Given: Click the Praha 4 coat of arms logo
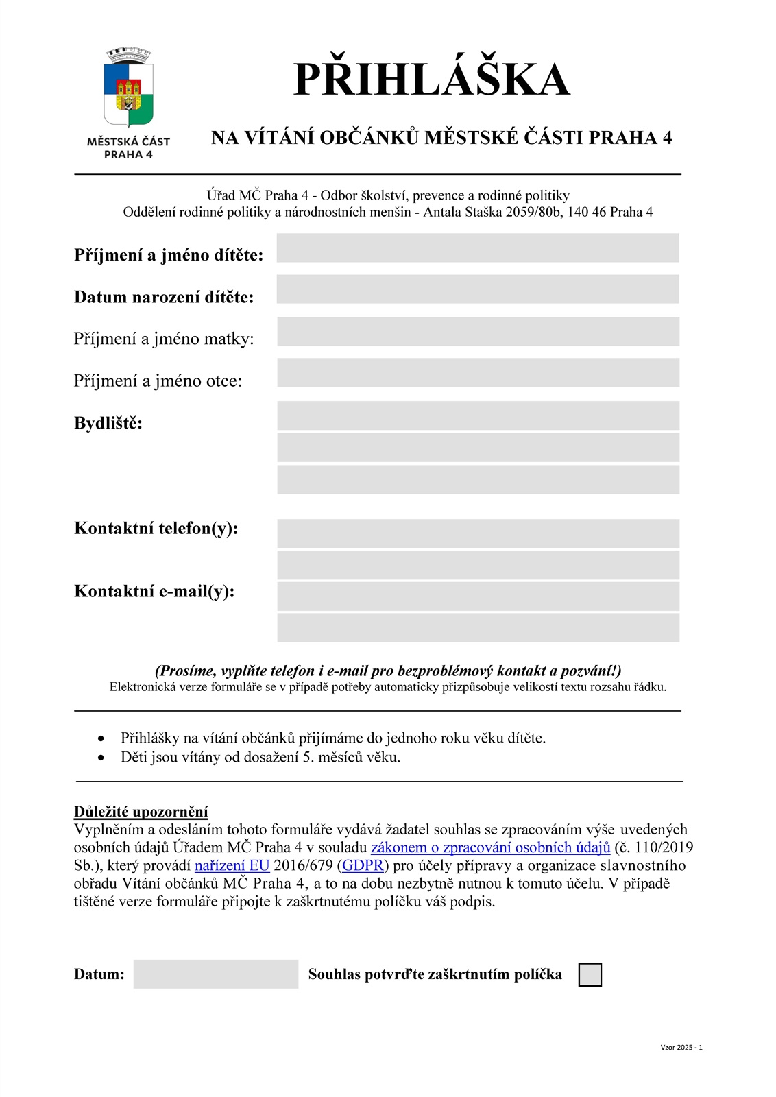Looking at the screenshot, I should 128,87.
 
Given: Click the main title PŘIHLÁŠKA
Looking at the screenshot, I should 431,80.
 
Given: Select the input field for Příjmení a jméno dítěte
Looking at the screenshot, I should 477,248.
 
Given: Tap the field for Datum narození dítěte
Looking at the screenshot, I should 477,289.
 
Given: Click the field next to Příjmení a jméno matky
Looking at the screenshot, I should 477,331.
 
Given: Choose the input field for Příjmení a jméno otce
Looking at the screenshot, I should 477,372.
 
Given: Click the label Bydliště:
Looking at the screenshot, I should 108,423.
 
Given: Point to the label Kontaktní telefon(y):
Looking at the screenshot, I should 156,528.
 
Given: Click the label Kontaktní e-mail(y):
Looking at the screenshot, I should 154,591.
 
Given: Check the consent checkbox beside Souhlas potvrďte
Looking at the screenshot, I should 590,974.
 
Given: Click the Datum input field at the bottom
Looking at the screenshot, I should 215,974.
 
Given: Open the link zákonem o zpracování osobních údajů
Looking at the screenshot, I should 490,847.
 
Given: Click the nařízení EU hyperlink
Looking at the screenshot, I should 232,865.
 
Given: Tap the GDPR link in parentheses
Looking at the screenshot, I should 363,865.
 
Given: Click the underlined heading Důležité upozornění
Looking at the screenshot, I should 141,812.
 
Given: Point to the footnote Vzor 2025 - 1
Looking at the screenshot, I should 681,1047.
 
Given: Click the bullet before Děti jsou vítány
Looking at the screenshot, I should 101,758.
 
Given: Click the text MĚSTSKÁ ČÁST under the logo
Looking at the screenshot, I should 128,141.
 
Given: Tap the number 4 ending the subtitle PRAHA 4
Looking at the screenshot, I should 666,138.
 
